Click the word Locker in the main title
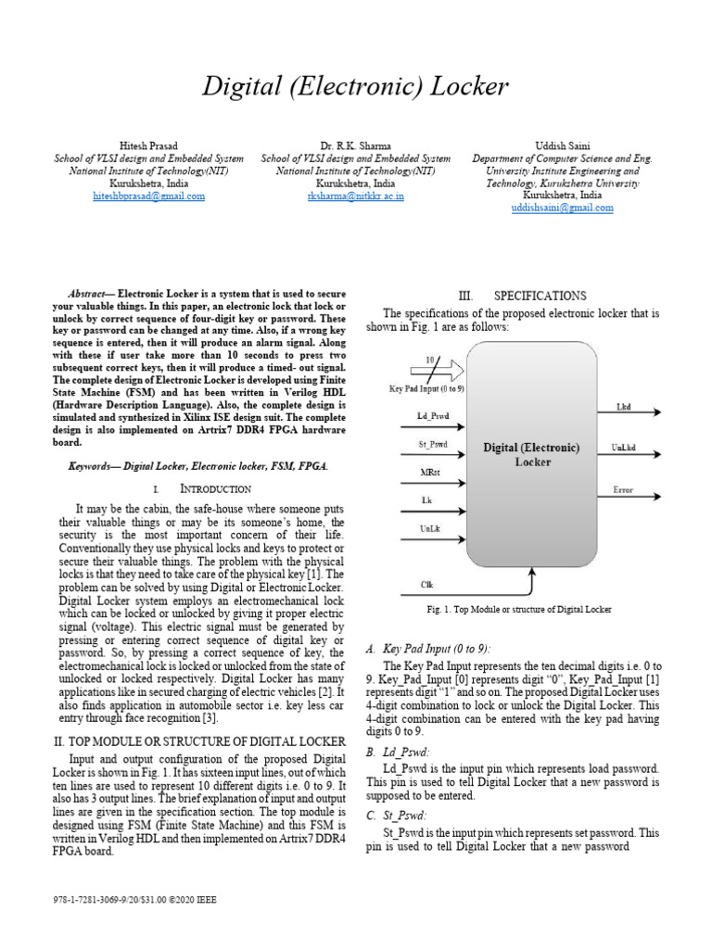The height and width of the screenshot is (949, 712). click(468, 87)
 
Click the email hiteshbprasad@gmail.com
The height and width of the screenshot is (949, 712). click(149, 196)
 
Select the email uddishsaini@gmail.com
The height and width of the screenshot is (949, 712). click(562, 209)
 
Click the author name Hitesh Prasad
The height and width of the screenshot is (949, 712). click(149, 146)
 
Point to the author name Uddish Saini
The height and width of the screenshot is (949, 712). click(562, 146)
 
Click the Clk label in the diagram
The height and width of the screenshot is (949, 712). click(427, 585)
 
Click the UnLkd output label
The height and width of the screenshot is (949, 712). click(624, 448)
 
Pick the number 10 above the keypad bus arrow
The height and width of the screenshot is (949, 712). click(429, 359)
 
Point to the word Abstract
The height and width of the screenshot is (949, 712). click(92, 294)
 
